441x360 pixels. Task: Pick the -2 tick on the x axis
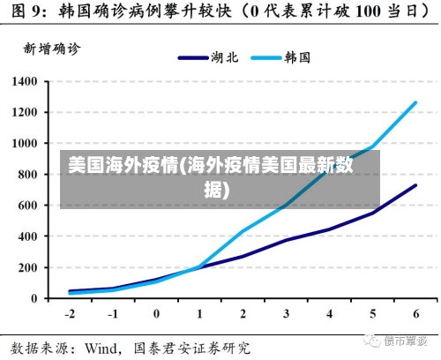click(x=70, y=314)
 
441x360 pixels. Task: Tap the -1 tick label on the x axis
click(x=113, y=314)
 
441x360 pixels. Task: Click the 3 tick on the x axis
click(x=286, y=314)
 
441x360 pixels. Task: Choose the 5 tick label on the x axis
click(x=372, y=314)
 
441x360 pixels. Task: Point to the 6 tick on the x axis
click(x=415, y=314)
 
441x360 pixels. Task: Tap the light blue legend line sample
click(x=264, y=57)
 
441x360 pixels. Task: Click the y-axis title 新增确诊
click(x=50, y=49)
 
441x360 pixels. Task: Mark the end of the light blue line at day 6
click(x=415, y=102)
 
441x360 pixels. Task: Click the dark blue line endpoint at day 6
click(x=415, y=185)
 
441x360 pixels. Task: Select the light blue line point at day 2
click(x=243, y=231)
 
